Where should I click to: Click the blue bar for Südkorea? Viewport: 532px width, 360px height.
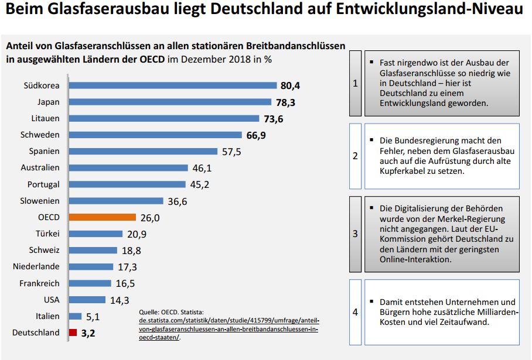coord(172,85)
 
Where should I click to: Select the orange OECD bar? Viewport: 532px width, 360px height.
coord(102,217)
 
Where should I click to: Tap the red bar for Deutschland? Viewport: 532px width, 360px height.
coord(73,332)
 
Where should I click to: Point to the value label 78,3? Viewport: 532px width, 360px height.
coord(288,102)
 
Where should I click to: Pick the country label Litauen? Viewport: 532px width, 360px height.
coord(46,118)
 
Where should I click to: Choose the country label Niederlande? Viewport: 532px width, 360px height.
coord(36,267)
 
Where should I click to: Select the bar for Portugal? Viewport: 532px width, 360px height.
coord(128,184)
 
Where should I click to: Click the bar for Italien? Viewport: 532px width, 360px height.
coord(75,316)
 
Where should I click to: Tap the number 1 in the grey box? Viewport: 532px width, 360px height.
coord(355,84)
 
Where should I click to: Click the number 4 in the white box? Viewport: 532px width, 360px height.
coord(355,312)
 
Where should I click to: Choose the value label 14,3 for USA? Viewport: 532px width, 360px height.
coord(120,300)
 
